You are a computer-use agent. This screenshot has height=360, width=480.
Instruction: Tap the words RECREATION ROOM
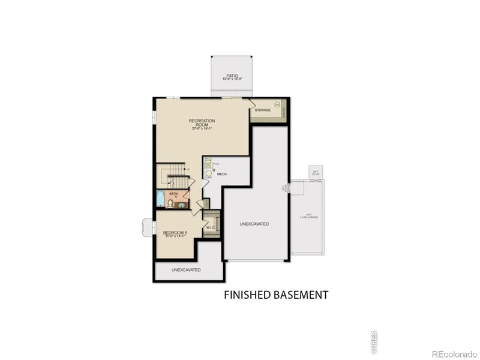202,122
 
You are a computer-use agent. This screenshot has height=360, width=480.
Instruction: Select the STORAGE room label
263,110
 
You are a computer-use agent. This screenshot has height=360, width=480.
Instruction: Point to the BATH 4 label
173,195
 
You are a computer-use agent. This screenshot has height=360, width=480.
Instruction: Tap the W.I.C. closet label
211,228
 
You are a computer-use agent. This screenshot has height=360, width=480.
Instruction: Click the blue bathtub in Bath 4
160,199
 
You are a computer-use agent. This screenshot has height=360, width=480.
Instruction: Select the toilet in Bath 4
171,204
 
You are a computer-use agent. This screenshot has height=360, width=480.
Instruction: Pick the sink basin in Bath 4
180,205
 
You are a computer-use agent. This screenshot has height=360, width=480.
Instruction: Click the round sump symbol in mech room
208,173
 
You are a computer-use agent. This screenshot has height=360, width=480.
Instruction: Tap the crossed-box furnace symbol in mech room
208,162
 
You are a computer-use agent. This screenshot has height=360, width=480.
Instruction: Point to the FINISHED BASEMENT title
276,295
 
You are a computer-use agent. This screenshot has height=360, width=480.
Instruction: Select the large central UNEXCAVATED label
254,224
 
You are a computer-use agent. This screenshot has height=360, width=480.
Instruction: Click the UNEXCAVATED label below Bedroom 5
186,270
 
